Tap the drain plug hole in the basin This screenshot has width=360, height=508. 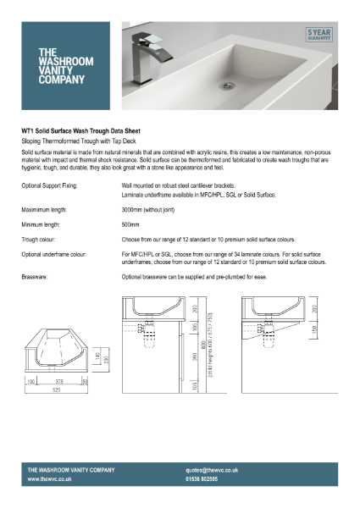pos(225,86)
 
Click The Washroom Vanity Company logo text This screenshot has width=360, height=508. pos(62,66)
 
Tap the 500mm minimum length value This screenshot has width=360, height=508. pos(130,224)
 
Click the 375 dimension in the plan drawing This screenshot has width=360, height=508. pos(54,382)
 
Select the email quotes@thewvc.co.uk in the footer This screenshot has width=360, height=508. pos(212,469)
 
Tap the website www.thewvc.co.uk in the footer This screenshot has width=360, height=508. pos(49,479)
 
